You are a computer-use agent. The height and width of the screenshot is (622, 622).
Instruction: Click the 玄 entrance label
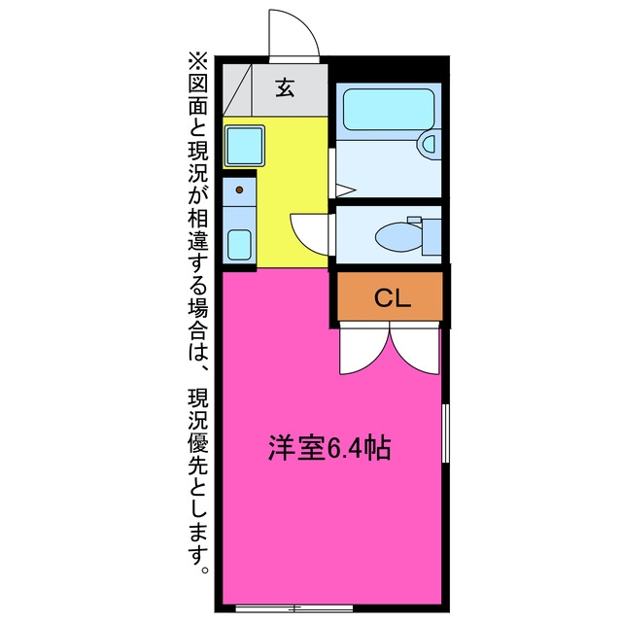tap(285, 88)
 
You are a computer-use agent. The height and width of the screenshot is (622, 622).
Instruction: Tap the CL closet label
tap(393, 298)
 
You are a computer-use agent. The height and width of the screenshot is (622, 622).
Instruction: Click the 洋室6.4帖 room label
tap(329, 448)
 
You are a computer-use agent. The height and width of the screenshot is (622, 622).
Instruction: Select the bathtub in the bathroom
tap(389, 109)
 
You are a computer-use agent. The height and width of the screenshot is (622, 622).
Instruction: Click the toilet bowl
tap(399, 237)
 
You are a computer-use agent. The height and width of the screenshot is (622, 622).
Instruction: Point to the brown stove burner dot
tap(239, 190)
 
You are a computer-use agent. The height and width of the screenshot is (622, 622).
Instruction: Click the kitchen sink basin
tap(239, 245)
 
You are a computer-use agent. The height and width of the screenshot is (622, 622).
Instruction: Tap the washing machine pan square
tap(244, 146)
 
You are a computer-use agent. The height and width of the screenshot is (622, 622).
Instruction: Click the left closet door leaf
tap(363, 349)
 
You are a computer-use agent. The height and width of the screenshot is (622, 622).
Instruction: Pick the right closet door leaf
tap(415, 349)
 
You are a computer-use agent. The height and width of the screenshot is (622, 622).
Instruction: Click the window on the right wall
tap(445, 433)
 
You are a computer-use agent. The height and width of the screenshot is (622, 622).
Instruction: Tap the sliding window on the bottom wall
tap(294, 607)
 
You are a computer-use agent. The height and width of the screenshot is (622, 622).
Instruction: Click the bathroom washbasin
tap(430, 144)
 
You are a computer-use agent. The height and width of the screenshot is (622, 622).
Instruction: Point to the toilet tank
tap(432, 237)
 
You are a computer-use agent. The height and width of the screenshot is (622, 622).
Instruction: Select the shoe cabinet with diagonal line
tap(237, 90)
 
